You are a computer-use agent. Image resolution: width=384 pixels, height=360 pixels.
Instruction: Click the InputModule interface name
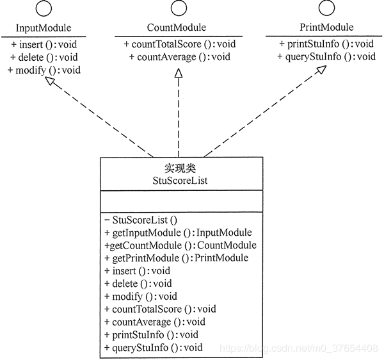pyautogui.click(x=43, y=28)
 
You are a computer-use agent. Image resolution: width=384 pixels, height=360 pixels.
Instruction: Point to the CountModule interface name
pyautogui.click(x=177, y=28)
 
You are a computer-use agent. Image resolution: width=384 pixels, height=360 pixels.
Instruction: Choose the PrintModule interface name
pyautogui.click(x=326, y=28)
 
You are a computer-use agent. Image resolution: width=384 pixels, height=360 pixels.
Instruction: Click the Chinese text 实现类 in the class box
pyautogui.click(x=180, y=168)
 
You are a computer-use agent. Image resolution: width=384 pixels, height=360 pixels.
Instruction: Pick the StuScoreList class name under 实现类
pyautogui.click(x=180, y=181)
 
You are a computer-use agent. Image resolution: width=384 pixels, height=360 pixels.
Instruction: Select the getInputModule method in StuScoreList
pyautogui.click(x=178, y=233)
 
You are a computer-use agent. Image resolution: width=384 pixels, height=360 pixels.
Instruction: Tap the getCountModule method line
pyautogui.click(x=180, y=245)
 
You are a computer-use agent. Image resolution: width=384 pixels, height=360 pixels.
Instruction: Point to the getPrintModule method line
pyautogui.click(x=176, y=258)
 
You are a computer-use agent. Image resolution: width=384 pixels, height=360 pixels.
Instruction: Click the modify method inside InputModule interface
pyautogui.click(x=44, y=69)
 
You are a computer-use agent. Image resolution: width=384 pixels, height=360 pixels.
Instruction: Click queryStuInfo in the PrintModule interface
pyautogui.click(x=326, y=57)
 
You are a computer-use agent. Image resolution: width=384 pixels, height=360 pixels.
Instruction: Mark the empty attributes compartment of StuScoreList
pyautogui.click(x=180, y=203)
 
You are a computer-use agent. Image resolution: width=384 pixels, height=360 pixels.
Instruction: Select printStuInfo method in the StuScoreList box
pyautogui.click(x=151, y=334)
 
